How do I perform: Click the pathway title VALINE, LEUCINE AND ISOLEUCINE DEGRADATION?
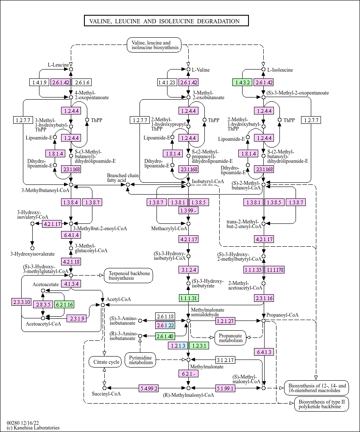tap(166, 21)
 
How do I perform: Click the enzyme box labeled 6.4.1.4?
tap(71, 234)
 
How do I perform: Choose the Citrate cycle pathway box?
tap(104, 362)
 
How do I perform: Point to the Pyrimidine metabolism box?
tap(140, 360)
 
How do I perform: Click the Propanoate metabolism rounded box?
tap(231, 337)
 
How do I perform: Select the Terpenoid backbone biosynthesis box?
tap(128, 276)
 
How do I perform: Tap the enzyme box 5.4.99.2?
tap(149, 388)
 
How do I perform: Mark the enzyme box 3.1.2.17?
tap(225, 360)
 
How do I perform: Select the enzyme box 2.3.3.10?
tap(22, 302)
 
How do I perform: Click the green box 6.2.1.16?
tap(64, 304)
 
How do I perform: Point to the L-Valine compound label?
tap(201, 70)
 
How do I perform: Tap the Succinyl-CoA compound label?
tap(106, 394)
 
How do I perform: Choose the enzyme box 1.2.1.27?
tap(226, 321)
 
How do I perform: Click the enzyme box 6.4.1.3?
tap(264, 352)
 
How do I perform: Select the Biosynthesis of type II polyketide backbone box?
tap(321, 404)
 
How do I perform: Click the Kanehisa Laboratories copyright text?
tap(33, 428)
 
